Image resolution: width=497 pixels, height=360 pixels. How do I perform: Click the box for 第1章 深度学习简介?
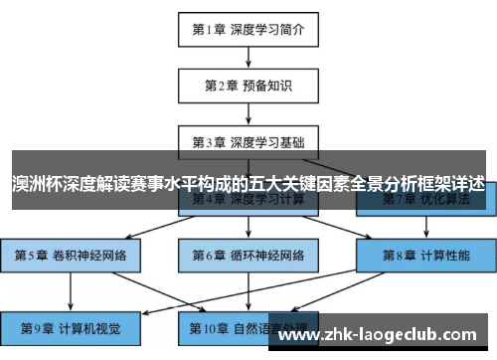click(x=248, y=30)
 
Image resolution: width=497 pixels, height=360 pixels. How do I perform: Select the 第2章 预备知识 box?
click(x=248, y=86)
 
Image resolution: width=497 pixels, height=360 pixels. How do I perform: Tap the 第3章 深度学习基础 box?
click(x=248, y=141)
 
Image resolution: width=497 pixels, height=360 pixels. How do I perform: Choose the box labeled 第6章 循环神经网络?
click(x=248, y=255)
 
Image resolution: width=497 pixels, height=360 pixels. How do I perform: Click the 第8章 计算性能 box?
click(x=425, y=255)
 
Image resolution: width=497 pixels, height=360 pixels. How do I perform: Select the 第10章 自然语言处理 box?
click(x=249, y=326)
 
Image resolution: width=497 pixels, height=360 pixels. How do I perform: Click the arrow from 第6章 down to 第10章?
click(x=248, y=290)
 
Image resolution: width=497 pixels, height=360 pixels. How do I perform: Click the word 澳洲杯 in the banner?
click(x=32, y=185)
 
